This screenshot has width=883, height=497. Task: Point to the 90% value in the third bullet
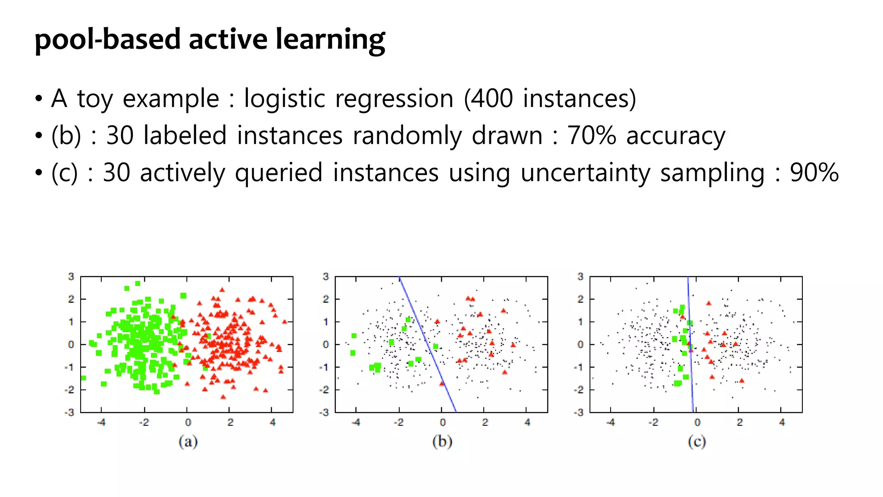click(x=814, y=173)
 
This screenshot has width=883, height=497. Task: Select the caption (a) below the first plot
click(x=188, y=441)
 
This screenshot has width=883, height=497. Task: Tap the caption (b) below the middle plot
click(x=442, y=441)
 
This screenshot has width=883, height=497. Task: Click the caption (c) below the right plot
click(x=697, y=441)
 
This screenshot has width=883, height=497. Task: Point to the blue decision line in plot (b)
click(x=427, y=344)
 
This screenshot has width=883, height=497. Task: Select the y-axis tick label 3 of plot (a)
click(x=71, y=277)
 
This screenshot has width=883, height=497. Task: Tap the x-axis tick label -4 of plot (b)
click(x=356, y=422)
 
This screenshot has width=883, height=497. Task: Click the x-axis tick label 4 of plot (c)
click(x=782, y=422)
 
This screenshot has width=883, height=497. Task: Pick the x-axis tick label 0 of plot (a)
click(x=188, y=422)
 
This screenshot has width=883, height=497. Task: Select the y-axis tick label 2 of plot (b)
click(x=326, y=299)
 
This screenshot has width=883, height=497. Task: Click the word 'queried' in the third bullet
click(x=279, y=173)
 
